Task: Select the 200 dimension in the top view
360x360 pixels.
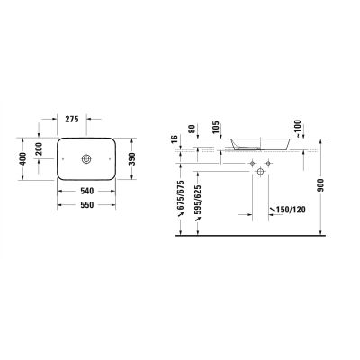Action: [x=39, y=148]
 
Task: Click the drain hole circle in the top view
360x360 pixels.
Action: [x=87, y=159]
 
